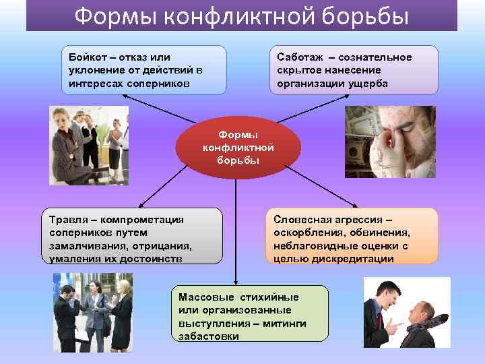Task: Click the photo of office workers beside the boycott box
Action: [88, 145]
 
